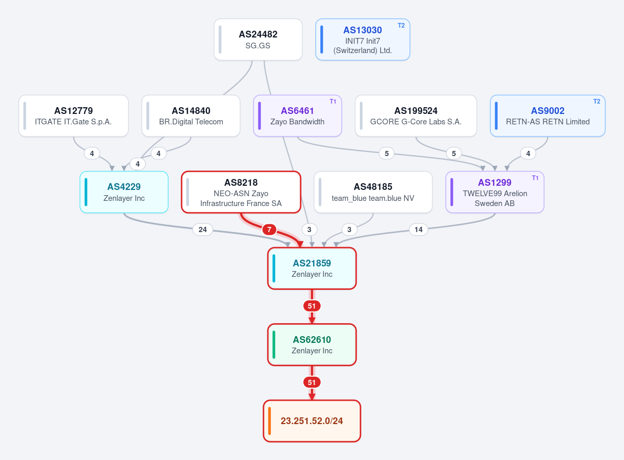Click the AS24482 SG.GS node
pos(258,40)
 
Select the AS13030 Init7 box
pos(362,40)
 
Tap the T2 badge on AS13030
pos(401,25)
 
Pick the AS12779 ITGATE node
pos(73,116)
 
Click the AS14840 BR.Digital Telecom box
pos(191,116)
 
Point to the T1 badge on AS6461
pos(333,101)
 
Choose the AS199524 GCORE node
pos(415,116)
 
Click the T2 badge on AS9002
pos(596,101)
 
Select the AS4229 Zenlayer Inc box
pos(124,192)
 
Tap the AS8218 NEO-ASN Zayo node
pos(241,192)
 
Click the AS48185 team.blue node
pos(373,192)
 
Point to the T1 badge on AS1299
pos(535,178)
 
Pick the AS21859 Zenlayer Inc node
pos(311,269)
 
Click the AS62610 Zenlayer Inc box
pos(311,344)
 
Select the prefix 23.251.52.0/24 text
pos(311,421)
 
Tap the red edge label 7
pos(269,229)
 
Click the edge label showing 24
pos(202,229)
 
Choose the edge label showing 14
pos(419,229)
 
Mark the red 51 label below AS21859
pos(311,306)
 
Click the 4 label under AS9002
pos(528,154)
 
